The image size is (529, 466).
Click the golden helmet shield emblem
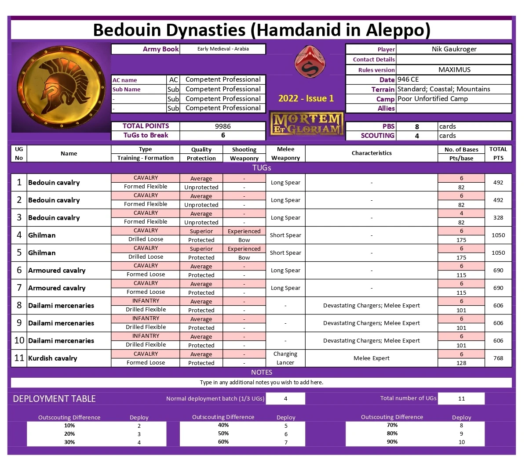[61, 87]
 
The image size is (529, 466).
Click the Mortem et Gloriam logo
[306, 123]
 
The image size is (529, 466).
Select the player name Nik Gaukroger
[454, 49]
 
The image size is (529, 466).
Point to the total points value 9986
[223, 126]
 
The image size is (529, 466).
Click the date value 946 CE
[408, 79]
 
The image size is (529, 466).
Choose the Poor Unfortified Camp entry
[432, 99]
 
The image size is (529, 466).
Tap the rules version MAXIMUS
[454, 69]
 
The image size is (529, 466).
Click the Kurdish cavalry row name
[52, 358]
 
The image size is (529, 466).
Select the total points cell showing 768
[498, 358]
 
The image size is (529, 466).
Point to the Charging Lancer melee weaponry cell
[285, 358]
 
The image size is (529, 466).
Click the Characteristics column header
[371, 153]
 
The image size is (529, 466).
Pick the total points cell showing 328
[498, 217]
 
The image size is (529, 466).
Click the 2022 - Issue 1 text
[306, 98]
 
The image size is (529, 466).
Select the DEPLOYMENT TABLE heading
[54, 399]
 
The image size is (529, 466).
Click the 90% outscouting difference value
[392, 442]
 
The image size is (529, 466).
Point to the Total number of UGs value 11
[461, 399]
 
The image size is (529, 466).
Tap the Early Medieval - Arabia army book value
[223, 49]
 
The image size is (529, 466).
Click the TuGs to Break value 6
[223, 135]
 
